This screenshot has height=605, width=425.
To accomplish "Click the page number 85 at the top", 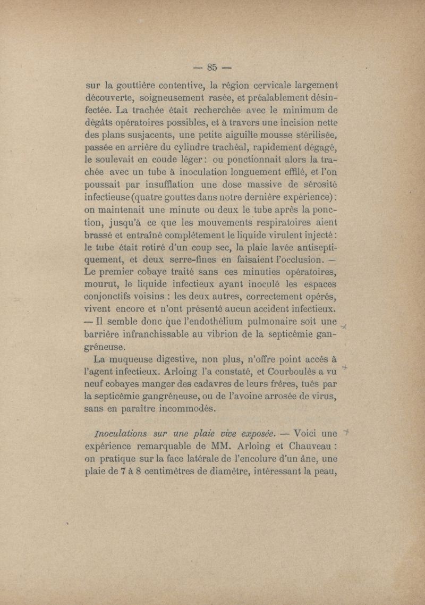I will point(212,67).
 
